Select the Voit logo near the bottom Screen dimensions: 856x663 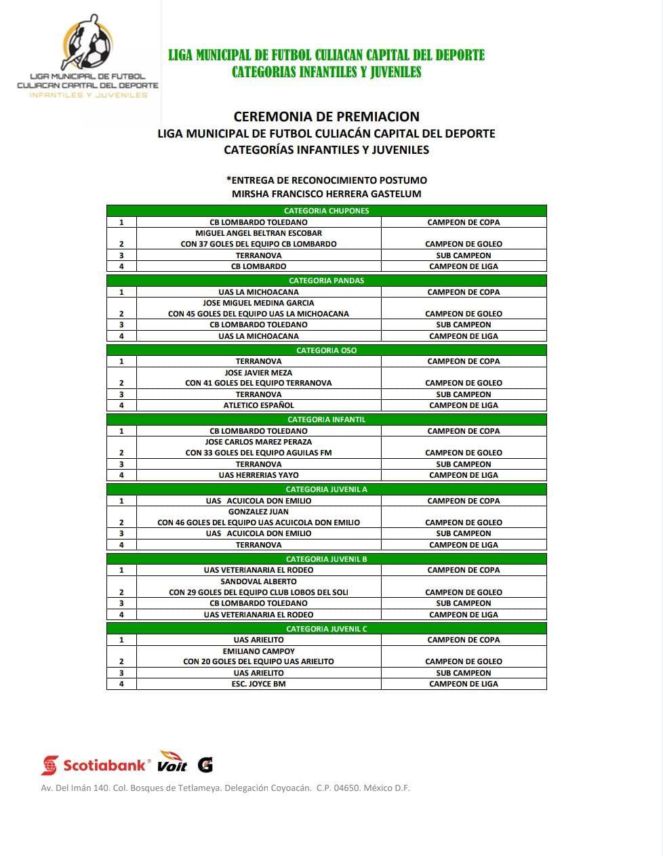[x=173, y=762]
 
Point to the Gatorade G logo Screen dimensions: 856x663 [x=205, y=765]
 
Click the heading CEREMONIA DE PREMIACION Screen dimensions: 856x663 [x=326, y=117]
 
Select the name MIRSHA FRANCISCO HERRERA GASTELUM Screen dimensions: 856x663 [x=326, y=194]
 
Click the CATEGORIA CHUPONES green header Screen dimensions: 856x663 [x=326, y=211]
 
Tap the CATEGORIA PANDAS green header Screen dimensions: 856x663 [x=326, y=281]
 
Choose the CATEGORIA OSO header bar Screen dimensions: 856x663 [x=326, y=350]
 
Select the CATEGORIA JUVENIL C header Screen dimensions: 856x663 [x=326, y=629]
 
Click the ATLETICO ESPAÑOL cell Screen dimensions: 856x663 [x=258, y=405]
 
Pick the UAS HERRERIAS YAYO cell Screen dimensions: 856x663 [x=258, y=475]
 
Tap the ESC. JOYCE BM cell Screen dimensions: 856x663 [x=258, y=684]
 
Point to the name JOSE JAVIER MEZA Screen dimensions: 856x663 [x=258, y=373]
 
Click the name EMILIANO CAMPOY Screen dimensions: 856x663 [x=258, y=651]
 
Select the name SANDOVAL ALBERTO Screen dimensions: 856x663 [x=258, y=582]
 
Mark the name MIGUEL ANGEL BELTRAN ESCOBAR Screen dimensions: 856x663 [x=258, y=233]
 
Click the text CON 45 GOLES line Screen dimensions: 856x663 [x=258, y=314]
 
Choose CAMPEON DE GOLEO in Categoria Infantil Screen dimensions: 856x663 [x=464, y=453]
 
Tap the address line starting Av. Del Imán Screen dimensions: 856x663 [x=225, y=788]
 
